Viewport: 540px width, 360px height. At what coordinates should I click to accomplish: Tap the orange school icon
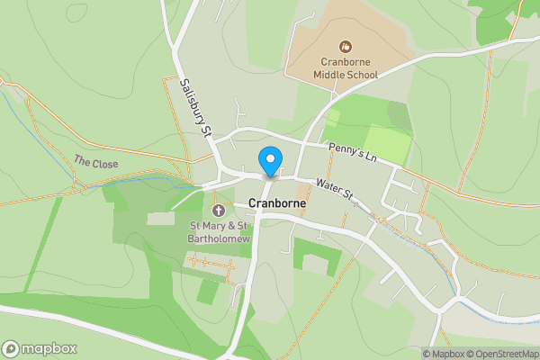click(345, 46)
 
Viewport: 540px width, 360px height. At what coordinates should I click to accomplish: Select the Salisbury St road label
click(195, 107)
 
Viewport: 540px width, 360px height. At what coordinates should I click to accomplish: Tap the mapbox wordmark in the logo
click(49, 348)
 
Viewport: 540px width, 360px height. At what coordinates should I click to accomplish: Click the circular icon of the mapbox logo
click(11, 348)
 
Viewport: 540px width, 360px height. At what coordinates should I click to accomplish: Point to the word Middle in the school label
click(329, 75)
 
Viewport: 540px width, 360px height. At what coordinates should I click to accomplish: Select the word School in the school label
click(362, 75)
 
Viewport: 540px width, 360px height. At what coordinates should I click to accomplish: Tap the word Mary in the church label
click(213, 225)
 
